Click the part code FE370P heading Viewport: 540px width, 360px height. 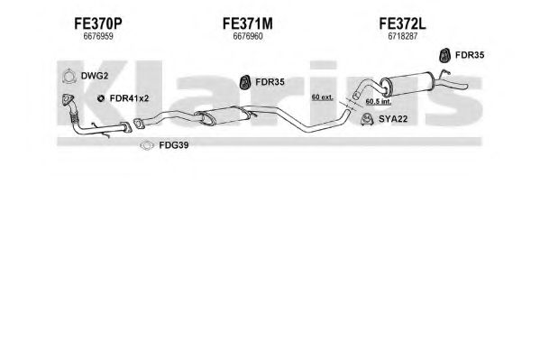pos(98,23)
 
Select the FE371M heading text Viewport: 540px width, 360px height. pos(248,23)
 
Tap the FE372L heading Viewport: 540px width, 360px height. pos(402,23)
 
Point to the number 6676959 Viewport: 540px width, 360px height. pos(98,36)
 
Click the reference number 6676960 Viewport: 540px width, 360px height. pos(248,36)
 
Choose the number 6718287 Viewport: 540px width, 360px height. pos(403,36)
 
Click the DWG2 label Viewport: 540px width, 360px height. pos(95,76)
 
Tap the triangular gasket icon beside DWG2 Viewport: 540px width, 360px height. pos(69,76)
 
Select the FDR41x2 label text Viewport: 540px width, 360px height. pos(129,98)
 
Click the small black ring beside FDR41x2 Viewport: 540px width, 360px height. pos(101,98)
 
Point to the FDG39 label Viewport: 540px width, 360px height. pos(174,145)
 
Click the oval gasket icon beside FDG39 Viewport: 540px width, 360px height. pos(147,146)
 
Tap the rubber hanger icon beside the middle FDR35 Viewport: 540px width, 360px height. pos(245,82)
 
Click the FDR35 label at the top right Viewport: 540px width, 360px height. pos(470,55)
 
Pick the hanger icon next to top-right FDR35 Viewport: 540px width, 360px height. pos(445,55)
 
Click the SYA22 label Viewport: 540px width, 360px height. pos(393,119)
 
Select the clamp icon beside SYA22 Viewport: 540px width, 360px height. pos(367,119)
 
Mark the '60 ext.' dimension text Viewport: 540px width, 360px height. pos(323,97)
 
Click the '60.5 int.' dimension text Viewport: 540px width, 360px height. pos(378,101)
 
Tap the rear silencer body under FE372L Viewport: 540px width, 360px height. pos(406,84)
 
